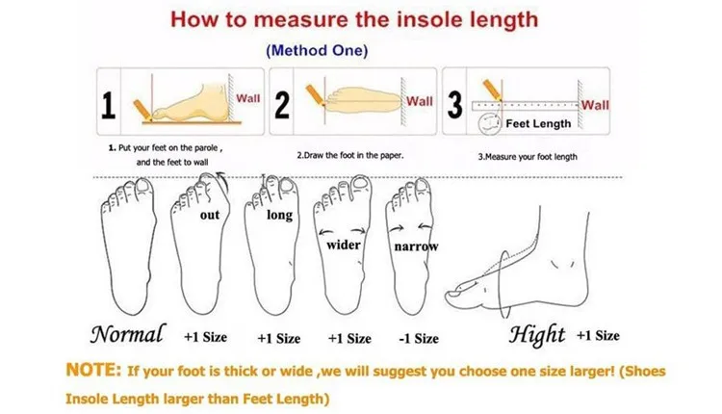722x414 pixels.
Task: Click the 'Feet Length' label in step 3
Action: coord(539,123)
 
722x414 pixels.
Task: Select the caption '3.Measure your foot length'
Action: coord(528,156)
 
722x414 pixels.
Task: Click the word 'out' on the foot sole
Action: coord(210,215)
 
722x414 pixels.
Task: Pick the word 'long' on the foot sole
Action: coord(279,215)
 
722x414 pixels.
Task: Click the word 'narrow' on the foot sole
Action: coord(416,246)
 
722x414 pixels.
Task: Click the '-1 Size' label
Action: coord(417,338)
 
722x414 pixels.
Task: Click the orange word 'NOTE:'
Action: coord(94,370)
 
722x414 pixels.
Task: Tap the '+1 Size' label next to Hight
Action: coord(598,335)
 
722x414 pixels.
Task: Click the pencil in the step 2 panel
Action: coord(314,94)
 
